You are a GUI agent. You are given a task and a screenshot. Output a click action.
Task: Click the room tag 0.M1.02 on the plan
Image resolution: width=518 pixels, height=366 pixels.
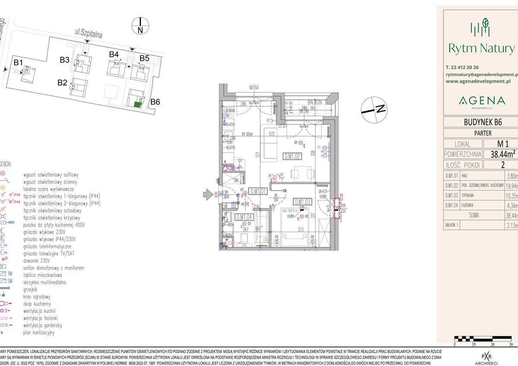click(292, 156)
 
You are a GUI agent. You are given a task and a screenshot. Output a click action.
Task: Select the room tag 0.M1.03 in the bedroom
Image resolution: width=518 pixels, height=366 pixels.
click(303, 201)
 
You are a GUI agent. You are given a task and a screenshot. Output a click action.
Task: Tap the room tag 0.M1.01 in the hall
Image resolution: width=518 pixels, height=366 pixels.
click(258, 191)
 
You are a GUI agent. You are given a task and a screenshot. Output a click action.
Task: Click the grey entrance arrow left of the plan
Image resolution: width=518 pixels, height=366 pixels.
click(208, 195)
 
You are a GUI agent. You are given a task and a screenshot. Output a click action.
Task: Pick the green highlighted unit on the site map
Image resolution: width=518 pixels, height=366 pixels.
click(137, 105)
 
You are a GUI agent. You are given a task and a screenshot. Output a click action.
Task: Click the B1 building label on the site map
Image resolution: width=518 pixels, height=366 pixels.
click(18, 63)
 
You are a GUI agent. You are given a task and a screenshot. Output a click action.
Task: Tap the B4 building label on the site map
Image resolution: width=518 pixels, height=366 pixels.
click(114, 54)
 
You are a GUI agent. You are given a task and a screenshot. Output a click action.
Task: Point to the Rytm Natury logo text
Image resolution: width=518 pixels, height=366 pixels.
click(481, 48)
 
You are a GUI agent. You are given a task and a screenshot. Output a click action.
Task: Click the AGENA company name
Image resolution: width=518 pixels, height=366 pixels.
click(481, 101)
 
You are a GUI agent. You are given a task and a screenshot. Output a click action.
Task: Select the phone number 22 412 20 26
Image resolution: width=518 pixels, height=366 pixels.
click(465, 67)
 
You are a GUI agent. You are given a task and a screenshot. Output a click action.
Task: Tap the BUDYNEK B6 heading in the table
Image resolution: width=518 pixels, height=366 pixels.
click(481, 122)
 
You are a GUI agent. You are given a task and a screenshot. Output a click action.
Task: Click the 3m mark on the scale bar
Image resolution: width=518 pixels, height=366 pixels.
click(511, 344)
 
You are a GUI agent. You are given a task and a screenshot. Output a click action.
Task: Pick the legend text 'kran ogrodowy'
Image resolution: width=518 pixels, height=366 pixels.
click(37, 297)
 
